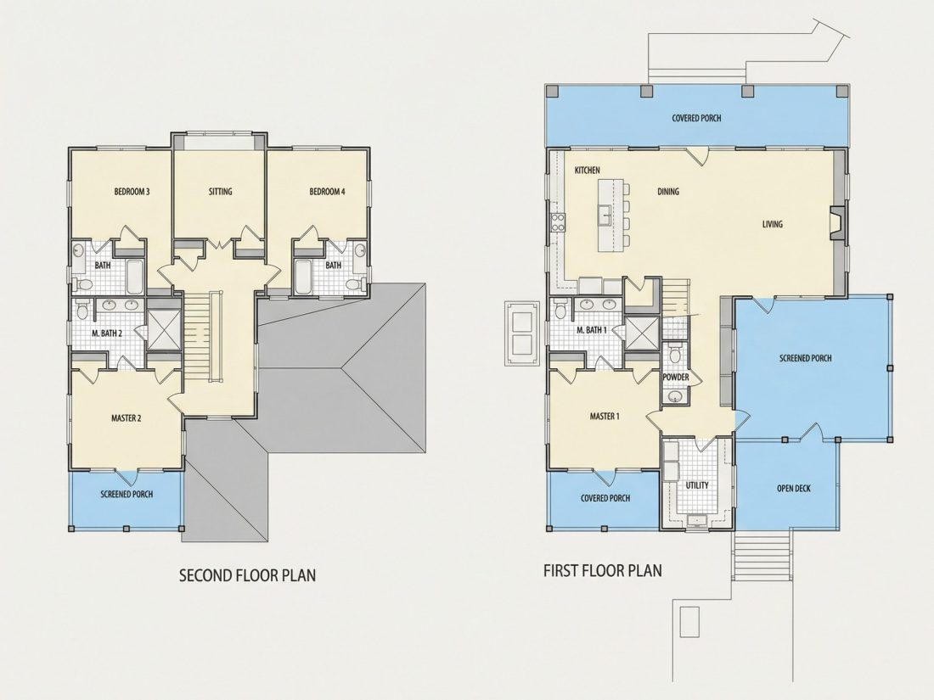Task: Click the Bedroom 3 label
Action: (x=132, y=192)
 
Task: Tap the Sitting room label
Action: (x=221, y=192)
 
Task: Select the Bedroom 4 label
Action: (x=327, y=192)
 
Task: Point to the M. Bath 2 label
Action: (x=107, y=333)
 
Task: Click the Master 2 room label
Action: (x=127, y=417)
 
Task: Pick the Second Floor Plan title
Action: (x=247, y=575)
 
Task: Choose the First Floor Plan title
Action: (x=602, y=571)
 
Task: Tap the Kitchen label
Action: (x=588, y=171)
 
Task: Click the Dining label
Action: (x=668, y=192)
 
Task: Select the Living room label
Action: (x=773, y=224)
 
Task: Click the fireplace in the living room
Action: (x=837, y=222)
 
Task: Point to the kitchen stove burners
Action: (x=558, y=222)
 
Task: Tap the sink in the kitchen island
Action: (x=605, y=215)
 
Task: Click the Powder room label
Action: (x=676, y=378)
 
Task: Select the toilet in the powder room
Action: (x=675, y=355)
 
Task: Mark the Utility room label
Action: (x=697, y=485)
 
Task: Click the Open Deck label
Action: (x=793, y=489)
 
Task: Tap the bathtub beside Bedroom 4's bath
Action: (x=303, y=277)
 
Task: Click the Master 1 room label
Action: (x=605, y=416)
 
